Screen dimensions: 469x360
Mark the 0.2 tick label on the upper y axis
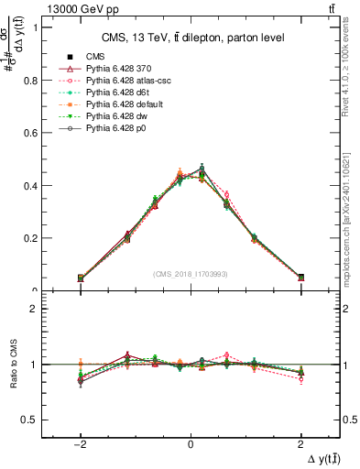pos(37,238)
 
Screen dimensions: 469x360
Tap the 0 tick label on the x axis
pos(191,443)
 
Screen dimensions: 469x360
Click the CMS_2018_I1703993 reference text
pos(191,274)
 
